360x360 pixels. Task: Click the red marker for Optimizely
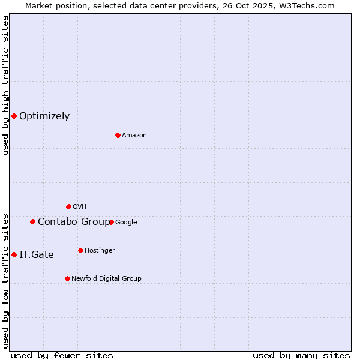(14, 116)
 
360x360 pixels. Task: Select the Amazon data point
(118, 135)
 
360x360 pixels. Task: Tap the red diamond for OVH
(68, 206)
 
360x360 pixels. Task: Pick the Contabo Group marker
(32, 221)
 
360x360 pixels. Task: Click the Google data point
(111, 222)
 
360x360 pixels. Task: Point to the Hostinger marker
(80, 250)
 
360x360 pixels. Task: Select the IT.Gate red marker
(14, 254)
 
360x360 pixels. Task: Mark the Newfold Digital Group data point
(67, 278)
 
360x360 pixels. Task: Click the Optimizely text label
(44, 116)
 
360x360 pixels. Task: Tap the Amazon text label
(134, 136)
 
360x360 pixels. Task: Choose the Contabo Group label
(74, 222)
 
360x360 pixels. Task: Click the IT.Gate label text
(37, 255)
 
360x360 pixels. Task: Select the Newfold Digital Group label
(107, 278)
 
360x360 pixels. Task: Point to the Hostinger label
(100, 250)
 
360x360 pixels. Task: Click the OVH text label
(80, 207)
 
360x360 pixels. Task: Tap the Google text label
(126, 223)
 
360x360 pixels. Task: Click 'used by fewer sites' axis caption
(62, 355)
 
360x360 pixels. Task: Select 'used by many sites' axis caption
(301, 355)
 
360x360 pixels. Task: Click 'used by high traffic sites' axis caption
(5, 85)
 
